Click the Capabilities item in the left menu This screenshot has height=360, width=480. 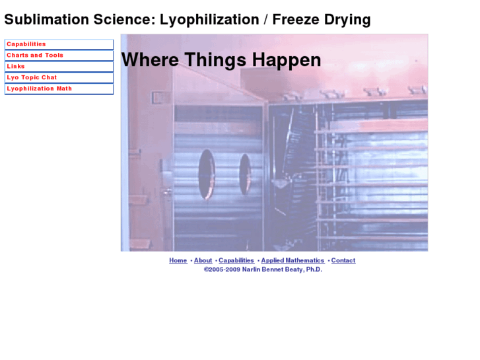[26, 44]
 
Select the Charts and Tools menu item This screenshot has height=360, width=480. [35, 55]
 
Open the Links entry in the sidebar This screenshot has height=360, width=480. [16, 67]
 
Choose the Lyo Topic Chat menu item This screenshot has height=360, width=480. [32, 78]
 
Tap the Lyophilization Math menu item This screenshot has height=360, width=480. [39, 89]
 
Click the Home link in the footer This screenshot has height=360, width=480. [178, 260]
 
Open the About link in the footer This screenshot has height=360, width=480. [203, 260]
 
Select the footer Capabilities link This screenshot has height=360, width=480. [236, 260]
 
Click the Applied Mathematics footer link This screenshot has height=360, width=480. [292, 260]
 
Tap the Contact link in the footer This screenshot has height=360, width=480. [343, 260]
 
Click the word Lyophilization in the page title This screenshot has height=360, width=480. [209, 20]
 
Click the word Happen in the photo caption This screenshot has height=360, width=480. [289, 61]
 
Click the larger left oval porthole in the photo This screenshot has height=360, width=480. [207, 174]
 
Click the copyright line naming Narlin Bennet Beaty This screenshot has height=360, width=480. [263, 270]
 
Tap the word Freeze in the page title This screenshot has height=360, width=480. [297, 20]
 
